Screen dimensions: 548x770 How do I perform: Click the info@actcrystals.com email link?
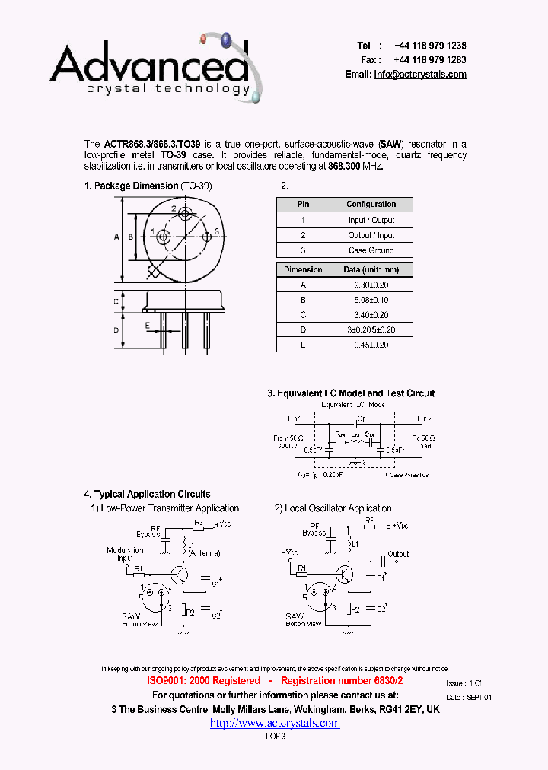[x=420, y=75]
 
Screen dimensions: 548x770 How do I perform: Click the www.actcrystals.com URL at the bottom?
[x=275, y=723]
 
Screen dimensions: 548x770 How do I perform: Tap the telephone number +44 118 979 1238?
[x=430, y=46]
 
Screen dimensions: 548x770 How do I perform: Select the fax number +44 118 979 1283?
[x=430, y=59]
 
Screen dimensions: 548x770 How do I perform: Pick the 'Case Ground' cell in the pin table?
[x=371, y=250]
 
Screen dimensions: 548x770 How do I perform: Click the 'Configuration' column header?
[x=371, y=205]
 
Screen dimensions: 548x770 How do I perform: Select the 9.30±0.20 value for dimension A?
[x=371, y=285]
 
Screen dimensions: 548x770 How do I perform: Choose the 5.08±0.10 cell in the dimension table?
[x=371, y=300]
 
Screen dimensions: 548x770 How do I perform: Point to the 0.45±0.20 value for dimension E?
[x=371, y=345]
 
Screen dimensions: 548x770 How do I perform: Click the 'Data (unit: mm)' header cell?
[x=371, y=269]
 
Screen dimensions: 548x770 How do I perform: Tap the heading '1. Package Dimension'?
[x=132, y=186]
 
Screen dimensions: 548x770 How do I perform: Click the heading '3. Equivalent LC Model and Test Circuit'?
[x=351, y=393]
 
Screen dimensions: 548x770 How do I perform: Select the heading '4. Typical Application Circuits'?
[x=147, y=494]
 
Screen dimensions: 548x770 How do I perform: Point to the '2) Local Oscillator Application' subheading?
[x=333, y=508]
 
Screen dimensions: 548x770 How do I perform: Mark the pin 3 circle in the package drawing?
[x=206, y=237]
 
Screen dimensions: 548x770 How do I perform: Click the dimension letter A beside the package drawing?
[x=116, y=237]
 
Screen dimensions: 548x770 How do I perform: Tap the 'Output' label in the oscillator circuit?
[x=398, y=554]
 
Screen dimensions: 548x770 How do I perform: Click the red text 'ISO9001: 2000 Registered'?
[x=202, y=681]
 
